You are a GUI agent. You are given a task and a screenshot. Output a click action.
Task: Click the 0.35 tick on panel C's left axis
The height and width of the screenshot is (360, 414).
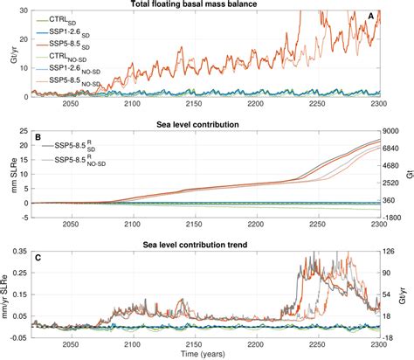[x=24, y=252]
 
